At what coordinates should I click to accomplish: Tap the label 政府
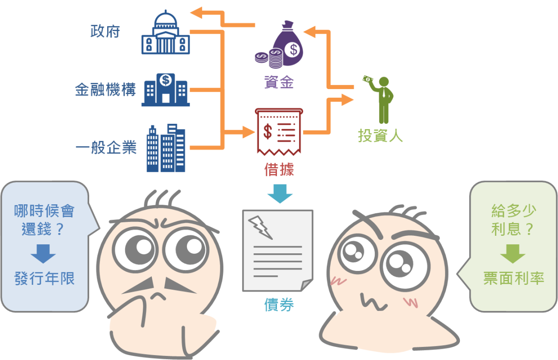105,32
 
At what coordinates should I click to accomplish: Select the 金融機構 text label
105,90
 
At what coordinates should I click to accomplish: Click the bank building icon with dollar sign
165,90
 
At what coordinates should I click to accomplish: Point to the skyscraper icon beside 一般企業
166,148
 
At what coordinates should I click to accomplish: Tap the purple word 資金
279,82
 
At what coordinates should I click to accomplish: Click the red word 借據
279,170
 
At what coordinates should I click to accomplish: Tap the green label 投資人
380,135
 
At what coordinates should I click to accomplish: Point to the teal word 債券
279,305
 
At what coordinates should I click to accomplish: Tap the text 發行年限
44,279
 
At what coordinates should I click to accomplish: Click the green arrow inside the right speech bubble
513,254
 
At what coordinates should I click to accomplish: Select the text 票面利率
513,279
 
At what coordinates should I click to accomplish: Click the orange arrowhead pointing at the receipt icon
247,132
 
